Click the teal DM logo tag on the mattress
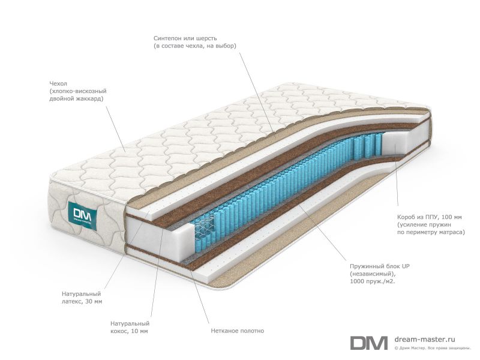click(x=83, y=215)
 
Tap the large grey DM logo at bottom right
click(x=369, y=343)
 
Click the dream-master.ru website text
click(x=425, y=339)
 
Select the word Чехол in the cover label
click(x=58, y=83)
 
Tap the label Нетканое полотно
click(x=237, y=331)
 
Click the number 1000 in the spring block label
click(x=356, y=281)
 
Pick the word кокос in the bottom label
click(x=118, y=331)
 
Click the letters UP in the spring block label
click(x=406, y=266)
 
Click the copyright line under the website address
click(x=432, y=348)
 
